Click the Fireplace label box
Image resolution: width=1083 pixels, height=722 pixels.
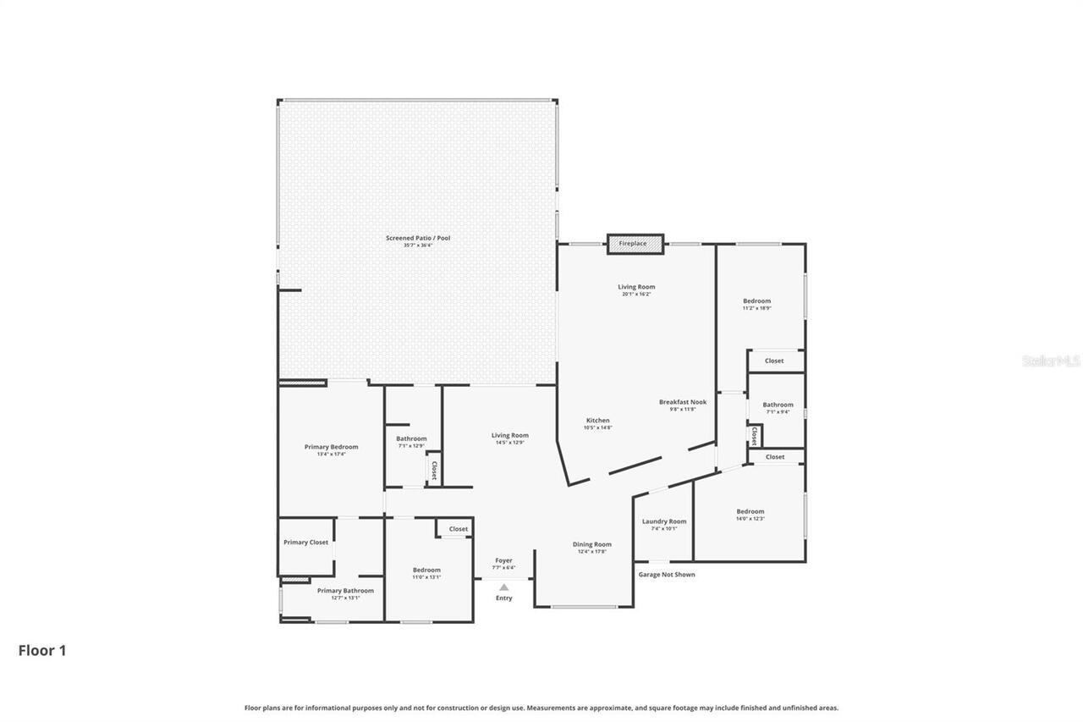pyautogui.click(x=635, y=244)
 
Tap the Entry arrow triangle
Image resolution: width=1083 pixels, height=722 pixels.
pyautogui.click(x=504, y=587)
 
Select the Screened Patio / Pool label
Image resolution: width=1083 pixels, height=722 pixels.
pyautogui.click(x=418, y=238)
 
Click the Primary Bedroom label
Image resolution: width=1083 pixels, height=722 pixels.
pyautogui.click(x=331, y=447)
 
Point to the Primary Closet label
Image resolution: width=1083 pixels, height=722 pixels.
pyautogui.click(x=305, y=543)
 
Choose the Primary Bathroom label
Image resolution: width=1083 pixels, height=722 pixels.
pyautogui.click(x=345, y=591)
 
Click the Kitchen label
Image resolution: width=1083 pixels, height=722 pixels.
pyautogui.click(x=597, y=421)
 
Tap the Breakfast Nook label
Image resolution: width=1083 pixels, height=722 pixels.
pyautogui.click(x=683, y=402)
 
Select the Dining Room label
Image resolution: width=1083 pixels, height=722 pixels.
pyautogui.click(x=591, y=544)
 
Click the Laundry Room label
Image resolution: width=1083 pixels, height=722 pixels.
pyautogui.click(x=664, y=521)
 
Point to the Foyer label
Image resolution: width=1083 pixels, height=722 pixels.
pyautogui.click(x=503, y=560)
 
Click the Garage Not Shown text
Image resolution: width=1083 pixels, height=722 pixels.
pyautogui.click(x=666, y=575)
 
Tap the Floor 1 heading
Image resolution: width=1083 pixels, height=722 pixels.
pyautogui.click(x=42, y=651)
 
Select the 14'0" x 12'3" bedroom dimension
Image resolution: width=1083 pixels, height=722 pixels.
pyautogui.click(x=750, y=519)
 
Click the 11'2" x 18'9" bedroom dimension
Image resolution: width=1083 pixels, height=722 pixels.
pyautogui.click(x=756, y=308)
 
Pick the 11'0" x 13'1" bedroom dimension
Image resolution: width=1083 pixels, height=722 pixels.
pyautogui.click(x=426, y=577)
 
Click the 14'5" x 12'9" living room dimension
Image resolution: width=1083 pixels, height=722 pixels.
pyautogui.click(x=510, y=443)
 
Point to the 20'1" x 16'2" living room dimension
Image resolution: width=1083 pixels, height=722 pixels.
pyautogui.click(x=636, y=294)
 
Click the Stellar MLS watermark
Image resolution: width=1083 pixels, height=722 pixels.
pyautogui.click(x=1051, y=361)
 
